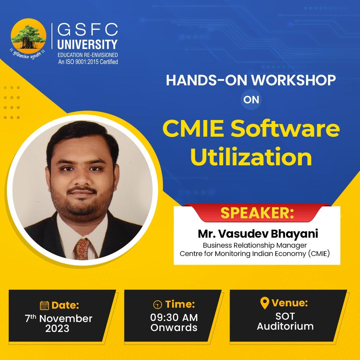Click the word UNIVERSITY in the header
point(87,44)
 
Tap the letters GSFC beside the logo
point(88,30)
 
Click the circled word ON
point(251,100)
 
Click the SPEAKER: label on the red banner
point(257,213)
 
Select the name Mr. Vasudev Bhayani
point(258,234)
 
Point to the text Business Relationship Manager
point(255,245)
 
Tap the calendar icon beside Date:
point(44,305)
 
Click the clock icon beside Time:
point(157,305)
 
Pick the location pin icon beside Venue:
point(264,303)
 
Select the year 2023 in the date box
point(57,328)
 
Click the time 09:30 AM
point(174,317)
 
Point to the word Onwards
point(174,327)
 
